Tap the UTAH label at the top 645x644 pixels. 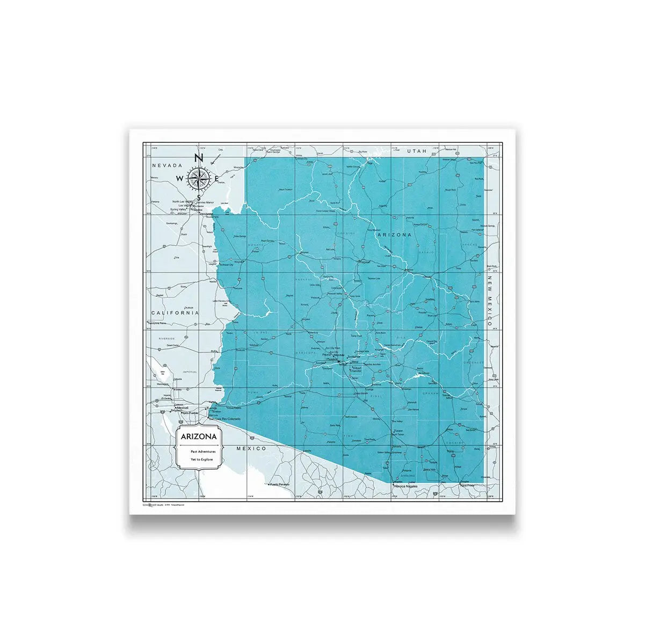[416, 152]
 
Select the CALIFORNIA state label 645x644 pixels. [175, 313]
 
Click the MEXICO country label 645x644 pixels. [251, 448]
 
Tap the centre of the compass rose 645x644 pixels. [198, 178]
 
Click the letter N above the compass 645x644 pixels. [198, 158]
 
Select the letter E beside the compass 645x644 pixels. [216, 179]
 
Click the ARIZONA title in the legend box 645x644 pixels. [198, 437]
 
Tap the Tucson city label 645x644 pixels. [398, 431]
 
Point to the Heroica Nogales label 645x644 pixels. [405, 486]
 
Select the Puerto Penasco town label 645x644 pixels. [279, 484]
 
